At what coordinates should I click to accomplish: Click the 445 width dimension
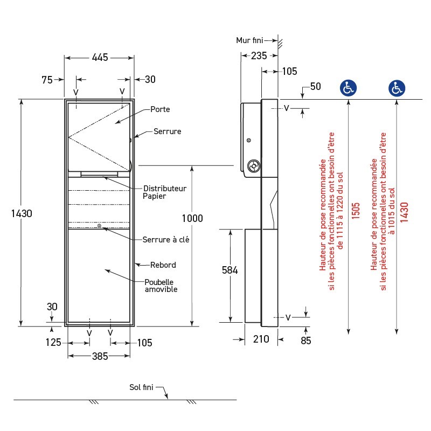pos(100,57)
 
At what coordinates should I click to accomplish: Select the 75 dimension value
pos(47,80)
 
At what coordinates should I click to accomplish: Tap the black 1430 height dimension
pos(22,213)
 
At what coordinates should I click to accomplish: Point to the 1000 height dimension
pos(192,218)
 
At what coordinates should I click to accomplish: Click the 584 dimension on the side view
pos(230,270)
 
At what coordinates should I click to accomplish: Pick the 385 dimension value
pos(100,356)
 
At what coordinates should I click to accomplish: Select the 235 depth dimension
pos(260,55)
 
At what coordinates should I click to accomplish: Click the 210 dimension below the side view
pos(260,339)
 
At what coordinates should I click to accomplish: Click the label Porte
pos(160,109)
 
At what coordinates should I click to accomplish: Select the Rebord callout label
pos(163,265)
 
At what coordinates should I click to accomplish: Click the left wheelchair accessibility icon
pos(348,88)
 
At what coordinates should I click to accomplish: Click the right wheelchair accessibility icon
pos(397,88)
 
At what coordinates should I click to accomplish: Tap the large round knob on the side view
pos(253,165)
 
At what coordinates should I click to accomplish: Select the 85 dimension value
pos(305,340)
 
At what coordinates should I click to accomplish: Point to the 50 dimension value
pos(315,87)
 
